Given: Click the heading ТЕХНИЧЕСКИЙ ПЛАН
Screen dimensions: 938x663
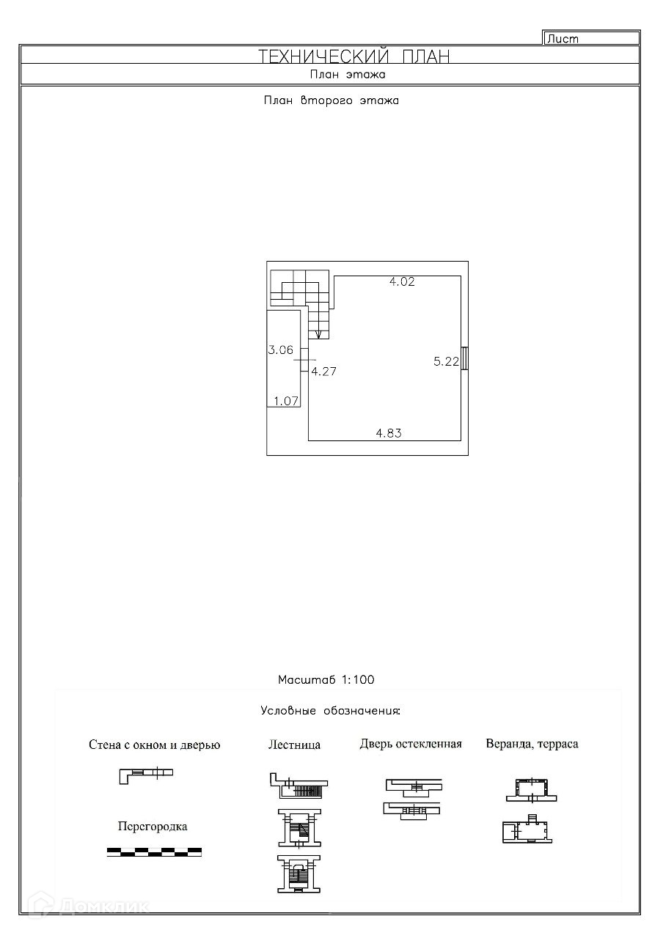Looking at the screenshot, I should (x=354, y=56).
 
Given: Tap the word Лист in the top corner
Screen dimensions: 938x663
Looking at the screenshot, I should (x=563, y=39).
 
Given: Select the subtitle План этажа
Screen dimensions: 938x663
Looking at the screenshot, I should (x=347, y=74).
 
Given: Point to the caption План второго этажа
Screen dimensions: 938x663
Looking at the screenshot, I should (x=331, y=101).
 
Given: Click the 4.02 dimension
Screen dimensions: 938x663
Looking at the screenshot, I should (x=401, y=281).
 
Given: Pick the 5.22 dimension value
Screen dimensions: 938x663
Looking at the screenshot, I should (x=446, y=361).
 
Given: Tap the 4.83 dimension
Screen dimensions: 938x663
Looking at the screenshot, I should (x=389, y=433).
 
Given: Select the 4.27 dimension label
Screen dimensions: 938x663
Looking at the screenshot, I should (x=324, y=372).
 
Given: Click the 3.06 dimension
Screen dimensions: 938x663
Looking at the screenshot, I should (x=281, y=350).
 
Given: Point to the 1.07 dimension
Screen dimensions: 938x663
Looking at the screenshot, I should (x=286, y=401).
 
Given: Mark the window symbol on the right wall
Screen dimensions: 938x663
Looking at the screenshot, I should (x=464, y=359).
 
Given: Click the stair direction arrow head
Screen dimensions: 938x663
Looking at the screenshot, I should (x=318, y=335).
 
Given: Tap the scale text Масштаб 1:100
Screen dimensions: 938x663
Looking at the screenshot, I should (x=326, y=680).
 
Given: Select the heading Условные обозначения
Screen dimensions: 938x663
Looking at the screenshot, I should (x=331, y=711).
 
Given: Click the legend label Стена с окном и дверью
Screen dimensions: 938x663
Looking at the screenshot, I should (x=154, y=745).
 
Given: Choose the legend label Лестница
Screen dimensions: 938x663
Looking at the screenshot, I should (x=294, y=745).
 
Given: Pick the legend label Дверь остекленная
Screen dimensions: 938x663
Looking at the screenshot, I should (x=411, y=745).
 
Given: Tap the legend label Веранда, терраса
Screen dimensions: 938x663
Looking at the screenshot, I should (x=532, y=745).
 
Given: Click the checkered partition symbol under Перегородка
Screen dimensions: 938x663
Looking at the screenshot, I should (x=154, y=852).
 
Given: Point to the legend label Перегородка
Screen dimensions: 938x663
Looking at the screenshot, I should (x=153, y=827).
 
